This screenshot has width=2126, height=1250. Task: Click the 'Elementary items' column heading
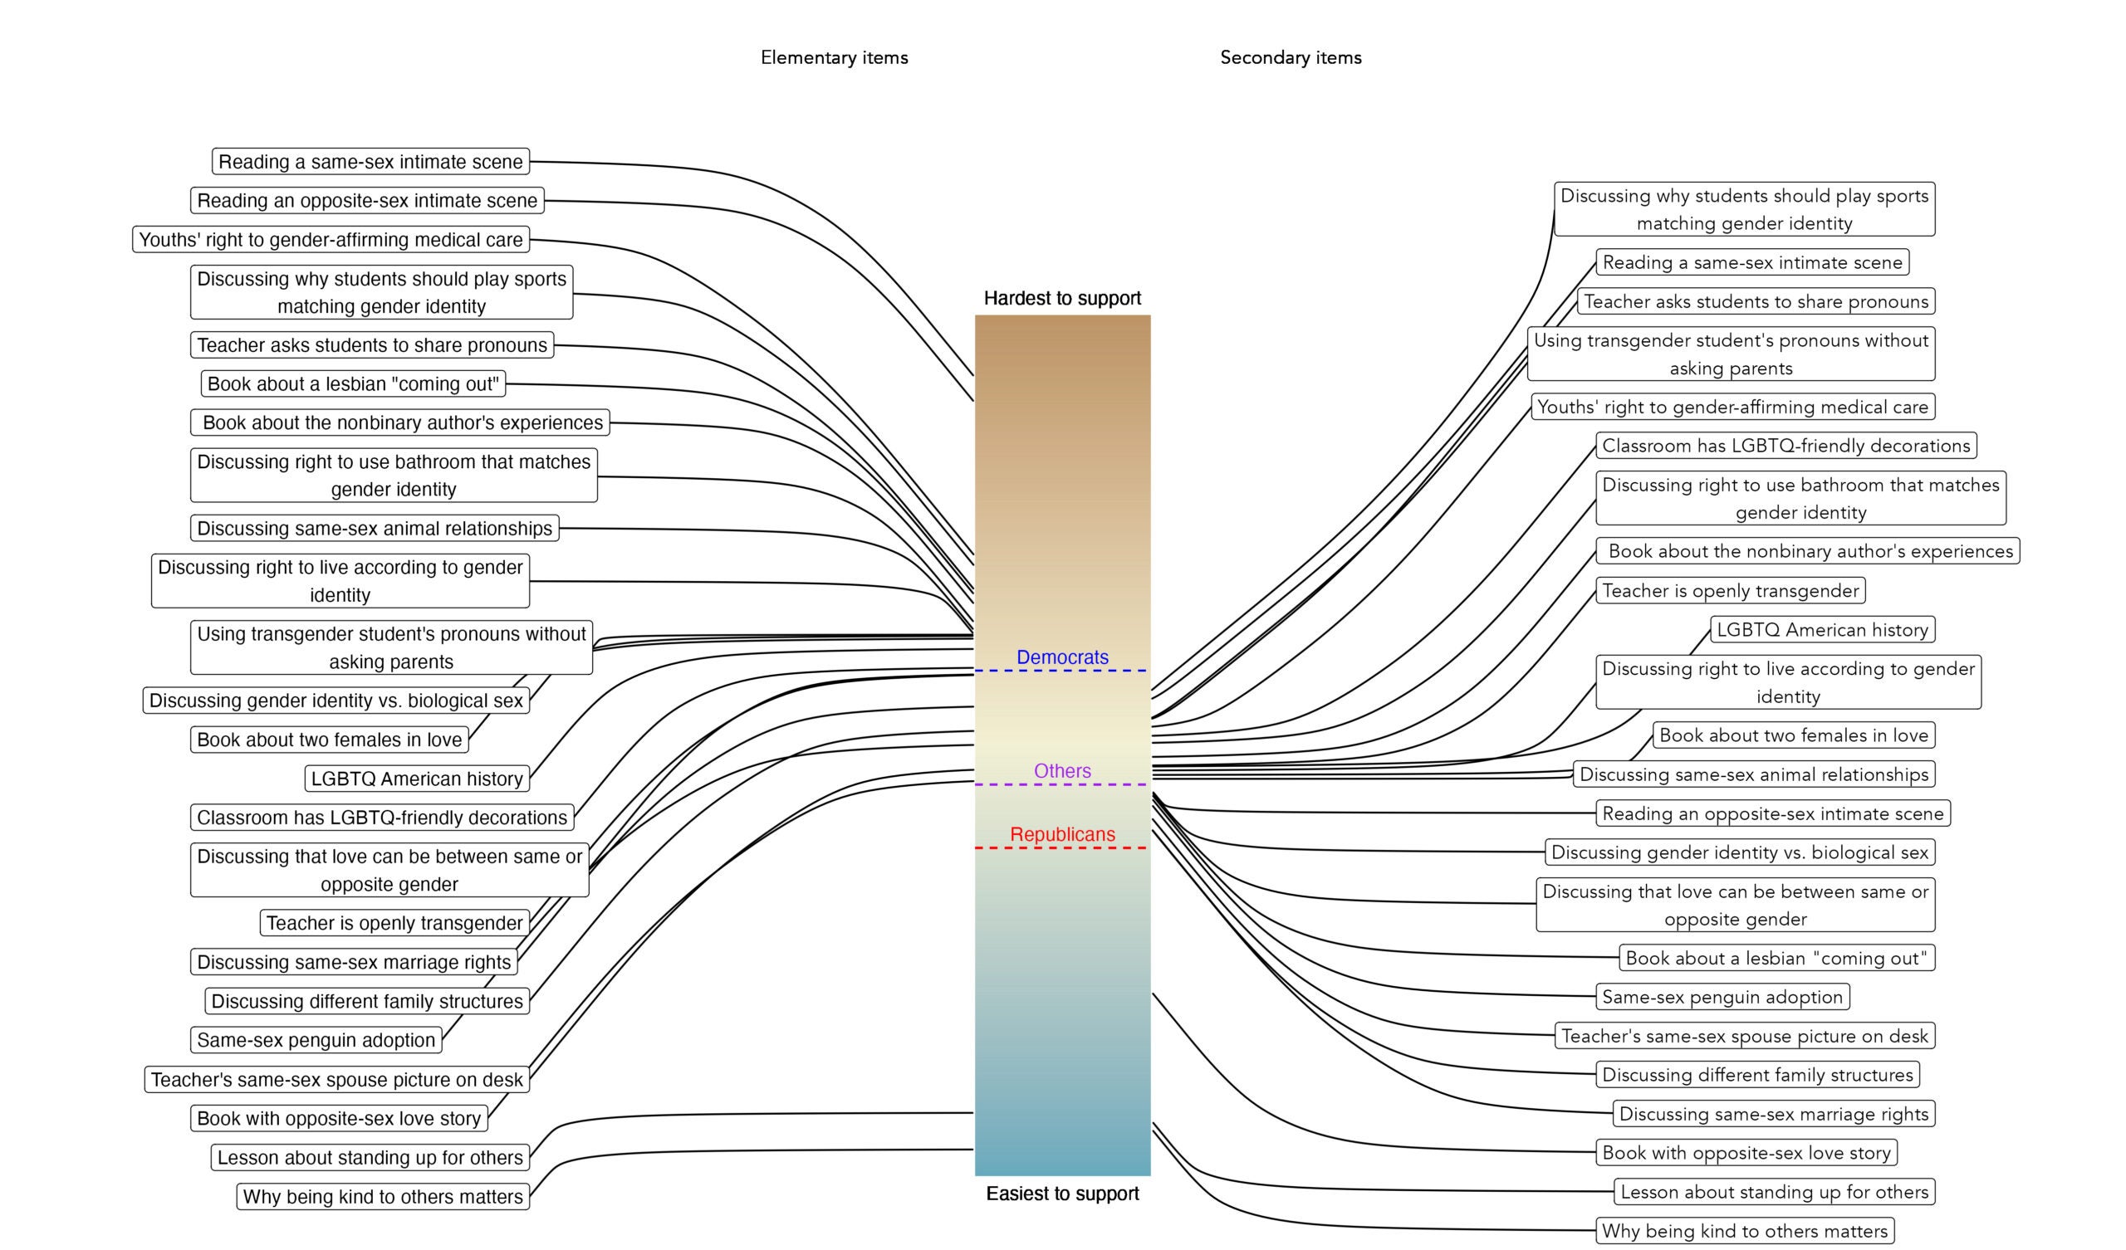(x=835, y=57)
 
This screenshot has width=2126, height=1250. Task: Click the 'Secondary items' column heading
(x=1291, y=57)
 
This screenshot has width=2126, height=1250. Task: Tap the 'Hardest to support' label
(x=1062, y=298)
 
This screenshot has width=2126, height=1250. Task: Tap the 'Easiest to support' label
(x=1062, y=1194)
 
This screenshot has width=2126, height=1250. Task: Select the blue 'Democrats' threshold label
(x=1062, y=657)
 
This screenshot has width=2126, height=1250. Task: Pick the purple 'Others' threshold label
(x=1062, y=771)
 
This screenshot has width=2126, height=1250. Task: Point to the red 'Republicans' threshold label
(x=1062, y=834)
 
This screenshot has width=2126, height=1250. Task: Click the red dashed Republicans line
(x=1062, y=847)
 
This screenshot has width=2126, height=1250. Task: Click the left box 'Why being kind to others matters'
(x=383, y=1196)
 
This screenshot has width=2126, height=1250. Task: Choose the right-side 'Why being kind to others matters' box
(x=1745, y=1231)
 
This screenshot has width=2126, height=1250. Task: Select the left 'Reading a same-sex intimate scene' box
(x=370, y=161)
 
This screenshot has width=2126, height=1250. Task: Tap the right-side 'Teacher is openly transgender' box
(x=1731, y=590)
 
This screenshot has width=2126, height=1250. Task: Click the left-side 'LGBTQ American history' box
(x=417, y=779)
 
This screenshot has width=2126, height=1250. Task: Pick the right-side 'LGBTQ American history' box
(x=1822, y=629)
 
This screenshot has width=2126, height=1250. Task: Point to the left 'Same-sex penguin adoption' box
(x=316, y=1040)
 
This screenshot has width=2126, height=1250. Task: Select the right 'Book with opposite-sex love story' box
(x=1746, y=1152)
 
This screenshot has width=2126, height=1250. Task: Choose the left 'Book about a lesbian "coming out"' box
(x=353, y=383)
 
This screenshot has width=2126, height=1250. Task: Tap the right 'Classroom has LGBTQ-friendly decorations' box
(x=1786, y=446)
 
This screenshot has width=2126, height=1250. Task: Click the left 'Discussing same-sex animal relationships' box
(x=375, y=528)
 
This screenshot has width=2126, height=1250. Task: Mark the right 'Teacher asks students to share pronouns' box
(x=1756, y=301)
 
